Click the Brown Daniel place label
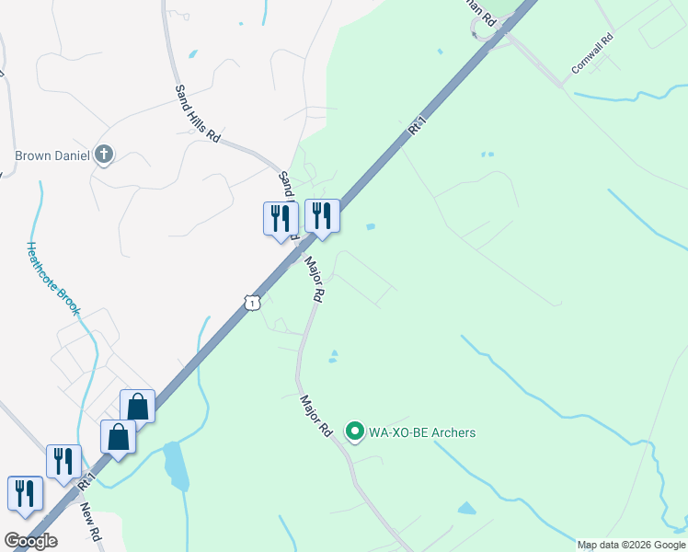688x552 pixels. click(x=52, y=155)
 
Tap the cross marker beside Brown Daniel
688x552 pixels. click(x=104, y=155)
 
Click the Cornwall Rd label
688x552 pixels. click(x=591, y=55)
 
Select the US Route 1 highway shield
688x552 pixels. click(x=251, y=301)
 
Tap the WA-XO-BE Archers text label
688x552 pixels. click(x=422, y=431)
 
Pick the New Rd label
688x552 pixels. click(x=91, y=522)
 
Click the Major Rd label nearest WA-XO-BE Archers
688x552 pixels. click(x=315, y=416)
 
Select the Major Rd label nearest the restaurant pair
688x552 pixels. click(x=315, y=280)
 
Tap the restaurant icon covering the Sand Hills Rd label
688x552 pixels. click(x=280, y=219)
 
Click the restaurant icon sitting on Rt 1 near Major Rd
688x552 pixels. click(x=321, y=216)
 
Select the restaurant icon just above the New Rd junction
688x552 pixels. click(x=63, y=461)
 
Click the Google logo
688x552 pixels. click(x=30, y=541)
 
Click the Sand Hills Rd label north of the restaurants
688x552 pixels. click(x=198, y=113)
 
